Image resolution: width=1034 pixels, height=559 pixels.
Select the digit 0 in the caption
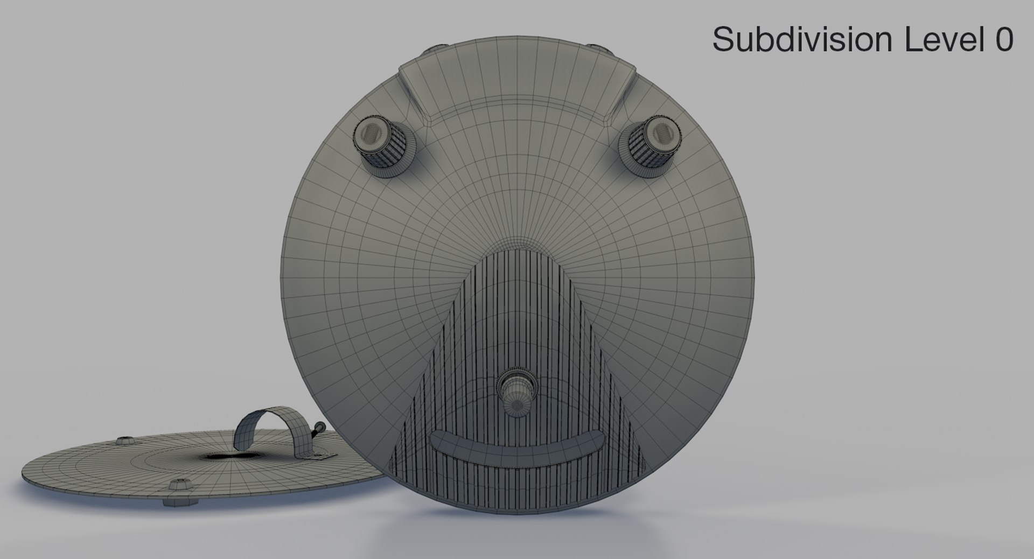[1003, 39]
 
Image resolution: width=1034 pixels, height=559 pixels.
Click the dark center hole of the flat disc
[228, 457]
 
